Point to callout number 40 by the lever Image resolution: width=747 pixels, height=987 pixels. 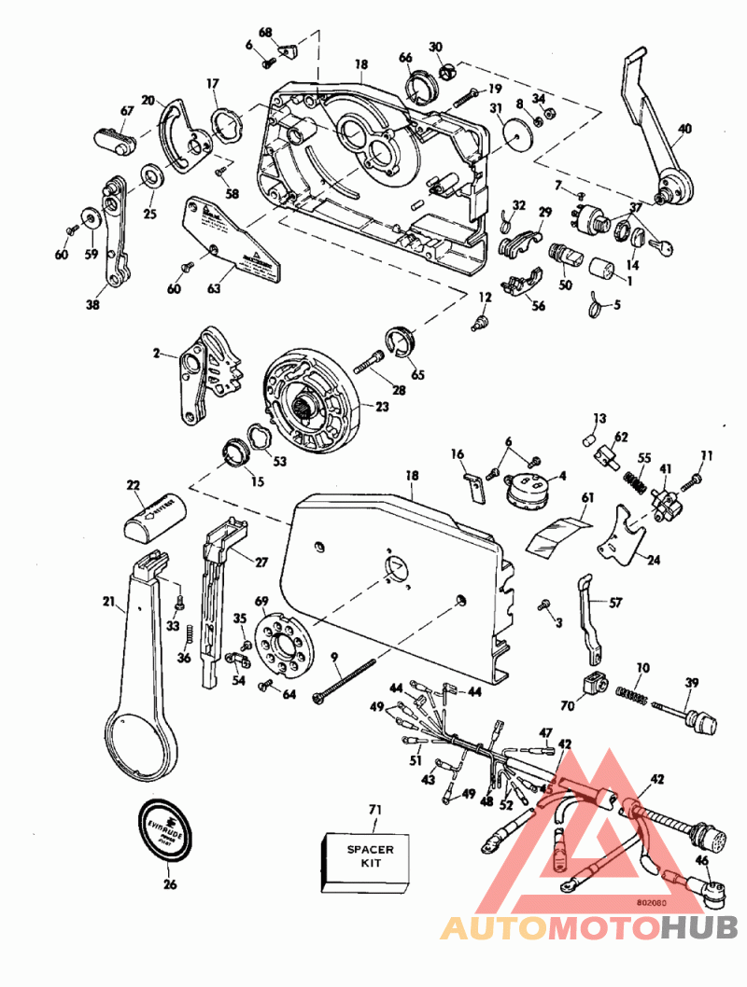(x=684, y=130)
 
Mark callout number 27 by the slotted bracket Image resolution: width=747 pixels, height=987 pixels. (x=261, y=563)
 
